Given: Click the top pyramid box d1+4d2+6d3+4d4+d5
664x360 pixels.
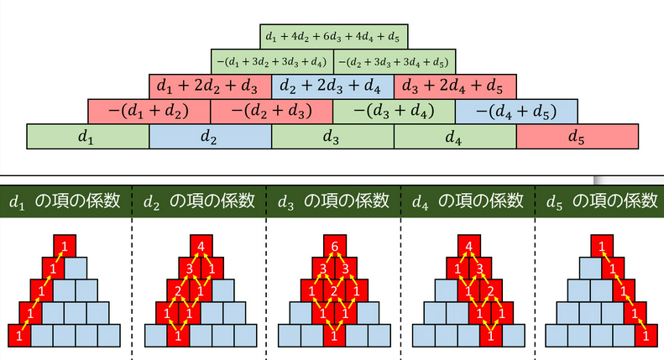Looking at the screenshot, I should [333, 37].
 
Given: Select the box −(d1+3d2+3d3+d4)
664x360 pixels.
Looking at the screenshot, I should [272, 61].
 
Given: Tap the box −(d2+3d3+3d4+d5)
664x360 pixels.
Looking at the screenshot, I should [395, 61].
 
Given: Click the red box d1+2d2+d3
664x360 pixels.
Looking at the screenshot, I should [211, 86].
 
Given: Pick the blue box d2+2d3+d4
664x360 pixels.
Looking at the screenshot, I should [332, 86].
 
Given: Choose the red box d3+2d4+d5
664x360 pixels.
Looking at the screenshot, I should [454, 86].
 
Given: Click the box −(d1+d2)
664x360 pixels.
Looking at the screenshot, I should [149, 111].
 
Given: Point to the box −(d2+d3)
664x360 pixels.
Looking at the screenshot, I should [272, 111].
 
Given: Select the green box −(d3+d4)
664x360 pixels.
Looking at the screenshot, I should [395, 111].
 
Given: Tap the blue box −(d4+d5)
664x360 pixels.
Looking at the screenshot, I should [516, 111].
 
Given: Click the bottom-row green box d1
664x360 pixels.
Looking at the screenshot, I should [88, 136].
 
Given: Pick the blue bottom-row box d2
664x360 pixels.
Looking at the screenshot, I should [211, 136].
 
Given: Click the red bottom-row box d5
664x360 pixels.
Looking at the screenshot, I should [578, 136].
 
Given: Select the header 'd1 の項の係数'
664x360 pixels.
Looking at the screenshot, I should [65, 201].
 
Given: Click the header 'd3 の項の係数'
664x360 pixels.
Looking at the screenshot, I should [333, 201].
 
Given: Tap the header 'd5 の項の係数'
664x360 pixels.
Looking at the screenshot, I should [602, 201].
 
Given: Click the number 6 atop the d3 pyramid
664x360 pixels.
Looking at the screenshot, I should [334, 247].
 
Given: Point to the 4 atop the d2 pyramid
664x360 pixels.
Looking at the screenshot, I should [201, 247].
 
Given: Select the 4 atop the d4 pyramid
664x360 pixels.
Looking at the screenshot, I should [468, 247].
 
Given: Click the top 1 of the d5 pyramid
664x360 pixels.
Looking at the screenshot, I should [602, 247].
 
